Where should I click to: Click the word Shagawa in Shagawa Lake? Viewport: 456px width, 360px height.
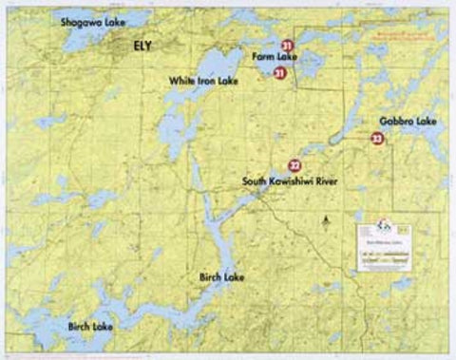81,20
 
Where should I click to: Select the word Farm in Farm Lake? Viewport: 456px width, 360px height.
261,58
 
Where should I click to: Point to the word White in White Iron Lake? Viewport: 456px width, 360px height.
182,82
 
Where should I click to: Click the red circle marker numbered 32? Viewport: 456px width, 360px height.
295,164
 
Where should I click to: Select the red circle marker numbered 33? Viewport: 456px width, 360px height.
377,140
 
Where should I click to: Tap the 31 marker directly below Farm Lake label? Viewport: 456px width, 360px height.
279,72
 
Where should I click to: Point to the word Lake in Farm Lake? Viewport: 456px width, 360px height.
286,58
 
